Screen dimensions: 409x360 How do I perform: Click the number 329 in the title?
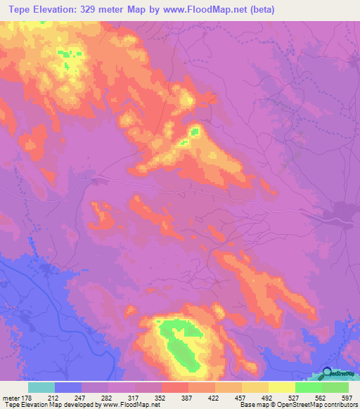click(x=93, y=9)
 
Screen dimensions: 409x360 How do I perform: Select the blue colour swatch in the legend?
click(x=67, y=387)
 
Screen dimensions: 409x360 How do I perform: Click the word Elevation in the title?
click(x=55, y=9)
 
